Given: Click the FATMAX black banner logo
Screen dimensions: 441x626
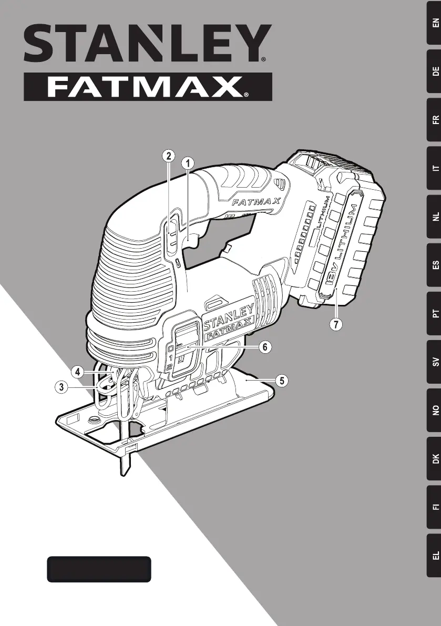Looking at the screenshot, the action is click(x=148, y=87).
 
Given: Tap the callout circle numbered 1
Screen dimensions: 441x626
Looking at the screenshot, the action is click(x=188, y=163).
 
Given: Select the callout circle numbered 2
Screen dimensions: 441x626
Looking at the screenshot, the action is click(x=169, y=156).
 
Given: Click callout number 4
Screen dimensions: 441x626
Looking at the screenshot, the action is click(x=77, y=372).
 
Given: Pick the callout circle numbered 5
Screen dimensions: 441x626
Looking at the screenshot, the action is click(x=282, y=381).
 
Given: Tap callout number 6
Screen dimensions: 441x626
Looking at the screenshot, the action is click(x=265, y=347).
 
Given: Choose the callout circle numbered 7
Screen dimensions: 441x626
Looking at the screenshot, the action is click(x=336, y=324).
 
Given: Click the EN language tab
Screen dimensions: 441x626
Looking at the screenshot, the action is click(x=434, y=23).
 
